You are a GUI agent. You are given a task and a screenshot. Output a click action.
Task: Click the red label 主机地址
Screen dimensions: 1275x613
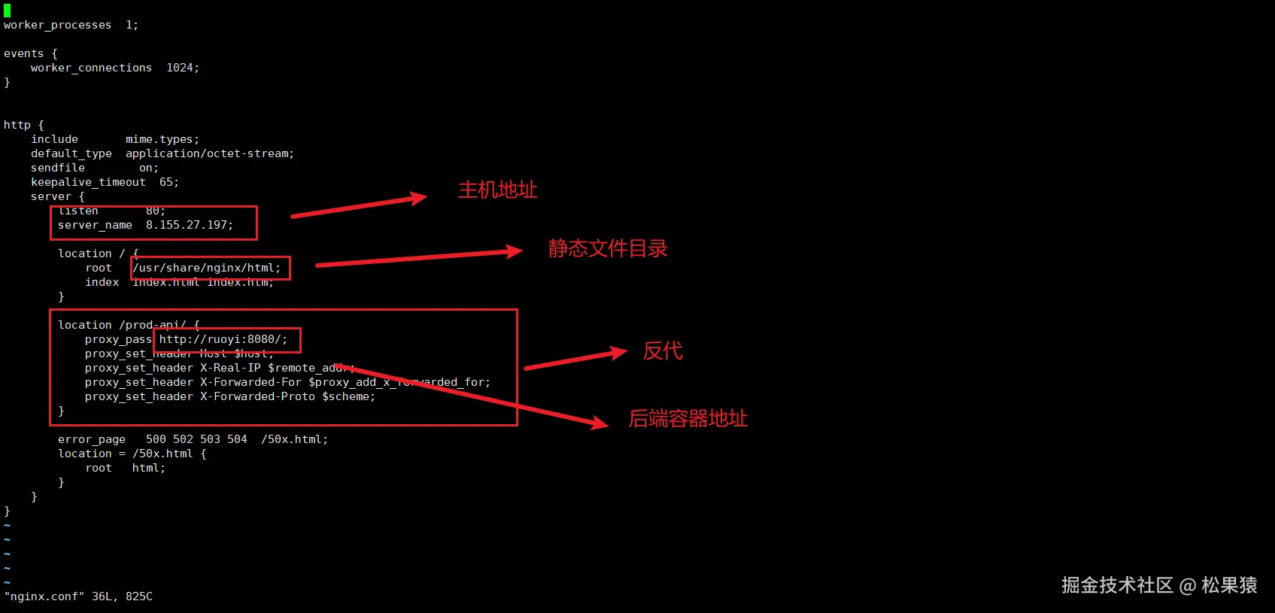(497, 190)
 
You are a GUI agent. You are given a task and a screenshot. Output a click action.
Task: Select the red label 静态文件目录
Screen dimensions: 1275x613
(607, 248)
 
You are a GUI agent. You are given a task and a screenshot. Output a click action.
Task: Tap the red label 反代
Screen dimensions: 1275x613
(662, 351)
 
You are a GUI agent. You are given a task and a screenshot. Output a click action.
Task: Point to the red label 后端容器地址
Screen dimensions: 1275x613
(688, 418)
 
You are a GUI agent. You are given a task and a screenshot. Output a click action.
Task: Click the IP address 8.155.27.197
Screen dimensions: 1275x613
(189, 225)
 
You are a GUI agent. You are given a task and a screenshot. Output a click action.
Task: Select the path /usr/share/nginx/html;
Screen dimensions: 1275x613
(207, 268)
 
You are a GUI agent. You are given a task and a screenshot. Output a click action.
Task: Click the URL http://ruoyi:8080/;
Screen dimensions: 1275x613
(223, 339)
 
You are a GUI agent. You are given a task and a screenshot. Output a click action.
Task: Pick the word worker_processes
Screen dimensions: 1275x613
(57, 25)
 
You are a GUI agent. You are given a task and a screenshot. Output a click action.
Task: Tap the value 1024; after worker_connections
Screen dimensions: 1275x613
(183, 68)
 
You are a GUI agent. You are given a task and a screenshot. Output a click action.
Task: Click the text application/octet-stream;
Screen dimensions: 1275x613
(210, 153)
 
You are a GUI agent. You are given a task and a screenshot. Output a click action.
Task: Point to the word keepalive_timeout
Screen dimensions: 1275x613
(88, 182)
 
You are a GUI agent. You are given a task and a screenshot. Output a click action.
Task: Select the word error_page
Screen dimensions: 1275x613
(92, 439)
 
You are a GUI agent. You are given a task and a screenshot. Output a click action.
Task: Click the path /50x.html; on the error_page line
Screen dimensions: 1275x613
(294, 439)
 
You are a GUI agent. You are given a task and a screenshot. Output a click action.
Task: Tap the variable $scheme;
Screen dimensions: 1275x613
(348, 396)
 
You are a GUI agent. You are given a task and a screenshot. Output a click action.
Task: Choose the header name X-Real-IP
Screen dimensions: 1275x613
(230, 368)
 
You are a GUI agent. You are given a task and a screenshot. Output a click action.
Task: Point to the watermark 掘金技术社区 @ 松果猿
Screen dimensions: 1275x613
(1158, 585)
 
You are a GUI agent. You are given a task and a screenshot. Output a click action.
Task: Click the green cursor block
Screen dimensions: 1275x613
(7, 11)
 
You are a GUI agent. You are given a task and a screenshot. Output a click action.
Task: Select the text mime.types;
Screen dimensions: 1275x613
(162, 139)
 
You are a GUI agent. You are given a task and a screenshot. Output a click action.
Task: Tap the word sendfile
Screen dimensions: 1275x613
(58, 168)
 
